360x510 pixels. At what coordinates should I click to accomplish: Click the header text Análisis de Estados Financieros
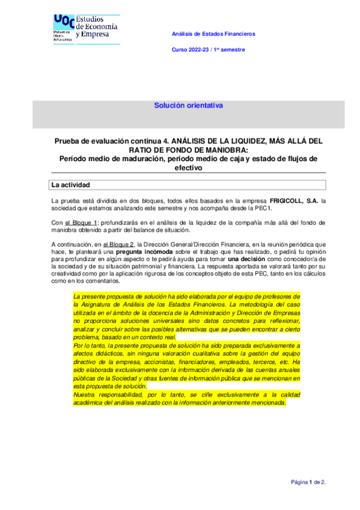pos(213,34)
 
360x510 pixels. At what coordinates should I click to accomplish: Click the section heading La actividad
pos(70,185)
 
